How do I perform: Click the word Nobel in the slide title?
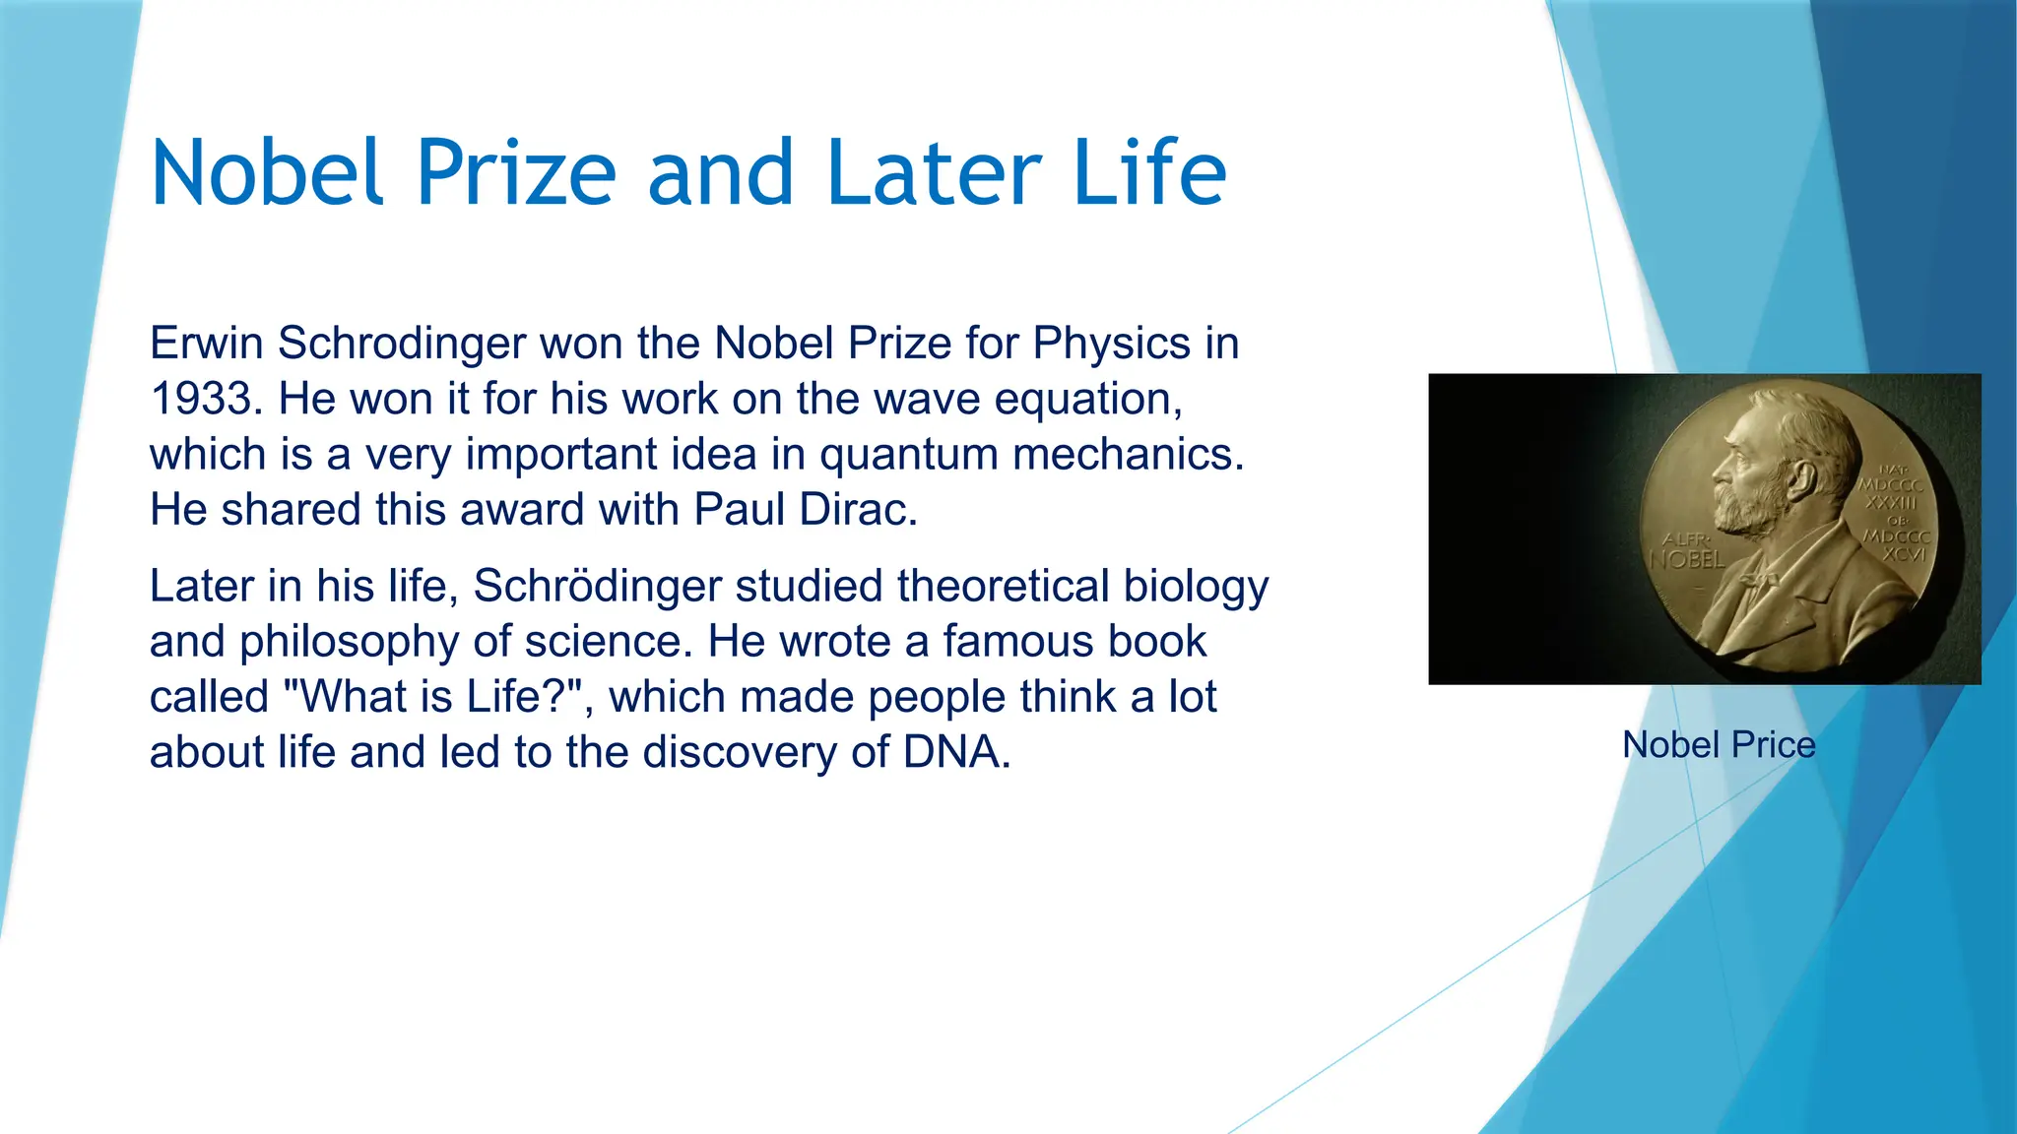[266, 174]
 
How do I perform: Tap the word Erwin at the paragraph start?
[206, 344]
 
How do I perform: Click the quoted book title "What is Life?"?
[437, 697]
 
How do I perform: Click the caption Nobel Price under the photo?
[1718, 745]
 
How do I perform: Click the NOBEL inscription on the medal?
[1688, 559]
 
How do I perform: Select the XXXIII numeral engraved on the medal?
[1890, 502]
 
